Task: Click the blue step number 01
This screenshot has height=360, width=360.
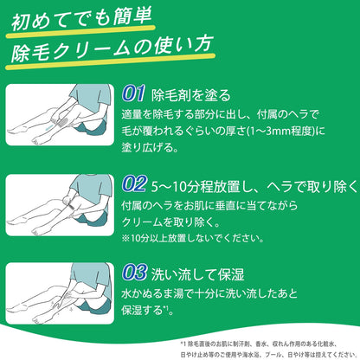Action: (133, 93)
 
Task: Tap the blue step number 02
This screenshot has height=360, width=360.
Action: (134, 184)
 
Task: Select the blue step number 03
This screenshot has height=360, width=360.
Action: (134, 273)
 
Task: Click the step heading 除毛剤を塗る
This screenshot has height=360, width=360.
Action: (191, 95)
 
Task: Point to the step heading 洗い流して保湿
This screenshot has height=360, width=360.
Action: (198, 273)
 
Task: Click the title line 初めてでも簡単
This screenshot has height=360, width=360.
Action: (81, 19)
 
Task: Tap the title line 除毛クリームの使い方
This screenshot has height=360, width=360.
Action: (112, 48)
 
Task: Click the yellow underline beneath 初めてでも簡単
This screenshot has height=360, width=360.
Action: (80, 31)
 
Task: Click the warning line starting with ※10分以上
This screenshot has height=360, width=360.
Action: (193, 239)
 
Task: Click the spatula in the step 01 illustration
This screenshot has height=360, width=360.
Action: (63, 117)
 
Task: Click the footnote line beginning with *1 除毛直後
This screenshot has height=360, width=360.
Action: (259, 344)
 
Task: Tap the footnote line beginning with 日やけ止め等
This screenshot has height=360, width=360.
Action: (269, 354)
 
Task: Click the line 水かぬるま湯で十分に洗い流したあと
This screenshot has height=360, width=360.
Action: (209, 293)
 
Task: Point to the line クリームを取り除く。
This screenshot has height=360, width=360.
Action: (170, 222)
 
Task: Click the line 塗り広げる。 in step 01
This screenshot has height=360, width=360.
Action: (150, 148)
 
